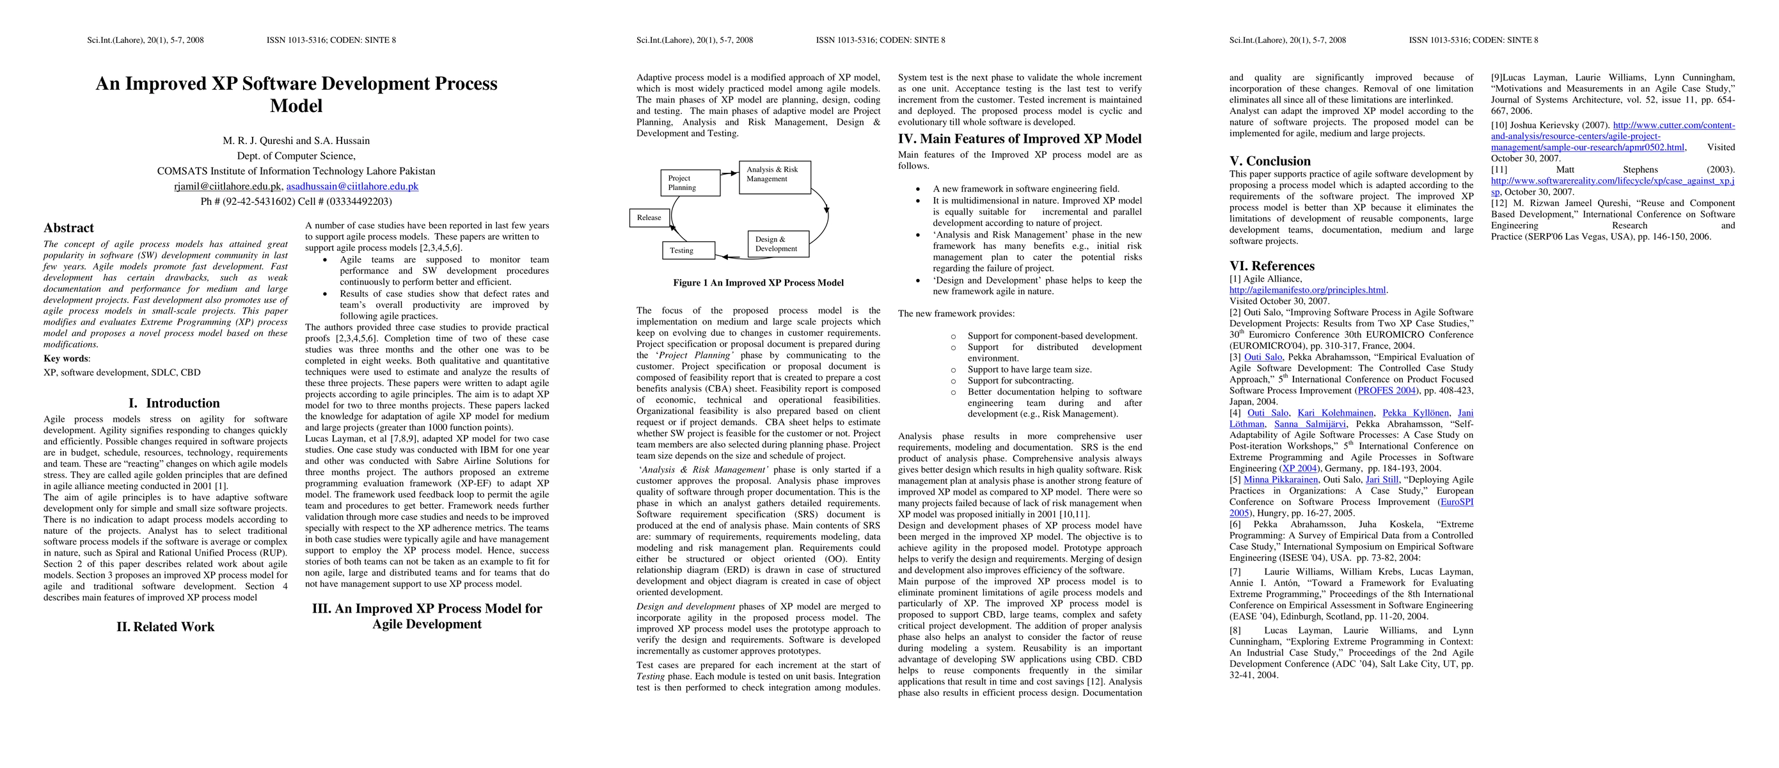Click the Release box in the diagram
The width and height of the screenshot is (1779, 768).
point(649,218)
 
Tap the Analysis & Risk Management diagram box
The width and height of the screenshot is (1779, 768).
point(774,177)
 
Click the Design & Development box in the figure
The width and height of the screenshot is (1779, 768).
point(778,244)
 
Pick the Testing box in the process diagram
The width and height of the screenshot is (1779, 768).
point(688,250)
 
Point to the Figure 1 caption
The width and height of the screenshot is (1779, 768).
point(758,282)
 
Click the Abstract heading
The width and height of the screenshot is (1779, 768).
point(68,228)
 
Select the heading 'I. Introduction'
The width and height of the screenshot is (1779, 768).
point(174,403)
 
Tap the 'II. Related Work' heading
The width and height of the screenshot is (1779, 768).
point(166,627)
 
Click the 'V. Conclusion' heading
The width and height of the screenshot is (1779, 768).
point(1269,161)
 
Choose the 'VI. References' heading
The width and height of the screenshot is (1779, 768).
point(1272,266)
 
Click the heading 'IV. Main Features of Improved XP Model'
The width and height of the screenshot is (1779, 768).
point(1019,139)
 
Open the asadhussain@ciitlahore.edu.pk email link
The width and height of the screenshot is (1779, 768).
point(352,186)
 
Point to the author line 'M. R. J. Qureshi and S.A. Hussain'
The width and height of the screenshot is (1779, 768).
point(296,141)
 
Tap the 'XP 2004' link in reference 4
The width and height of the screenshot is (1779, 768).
point(1299,468)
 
